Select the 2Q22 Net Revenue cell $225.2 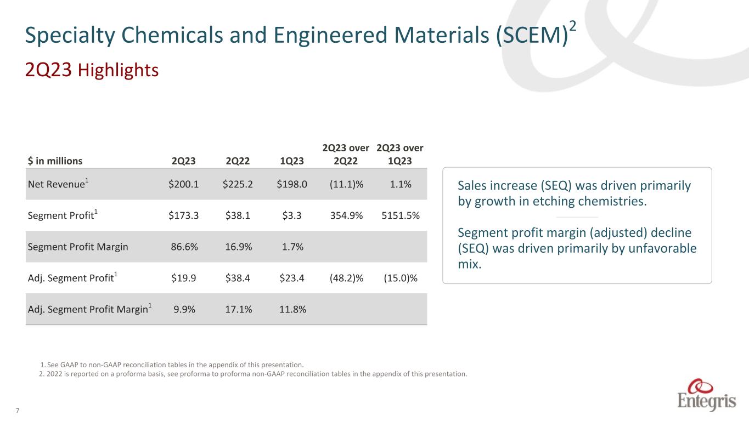pos(238,184)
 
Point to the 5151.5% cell pos(401,215)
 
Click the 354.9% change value pos(346,215)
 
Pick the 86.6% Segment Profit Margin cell pos(184,247)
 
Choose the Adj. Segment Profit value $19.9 pos(184,278)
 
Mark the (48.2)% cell pos(346,278)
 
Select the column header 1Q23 pos(291,161)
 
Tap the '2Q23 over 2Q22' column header pos(346,155)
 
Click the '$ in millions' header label pos(55,161)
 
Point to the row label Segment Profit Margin pos(78,247)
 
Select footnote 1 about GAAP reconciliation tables pos(172,365)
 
